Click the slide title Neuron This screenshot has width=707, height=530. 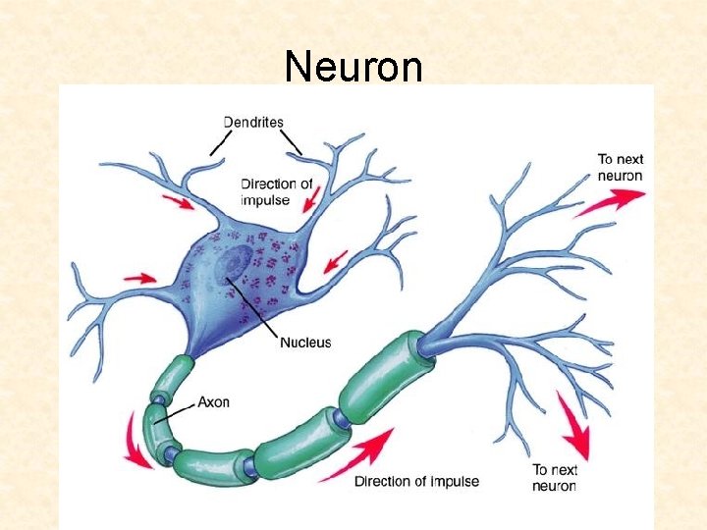353,67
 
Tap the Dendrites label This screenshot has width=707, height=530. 253,123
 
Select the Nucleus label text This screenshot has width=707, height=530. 305,343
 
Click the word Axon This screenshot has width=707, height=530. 213,402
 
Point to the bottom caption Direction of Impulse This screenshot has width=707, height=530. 416,481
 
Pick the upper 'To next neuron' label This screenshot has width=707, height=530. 620,167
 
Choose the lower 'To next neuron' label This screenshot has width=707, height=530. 555,477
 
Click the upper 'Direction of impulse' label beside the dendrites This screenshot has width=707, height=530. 277,191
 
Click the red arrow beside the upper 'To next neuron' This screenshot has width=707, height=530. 610,201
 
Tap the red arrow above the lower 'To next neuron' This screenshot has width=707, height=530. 573,424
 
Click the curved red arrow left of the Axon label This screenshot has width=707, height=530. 134,443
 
